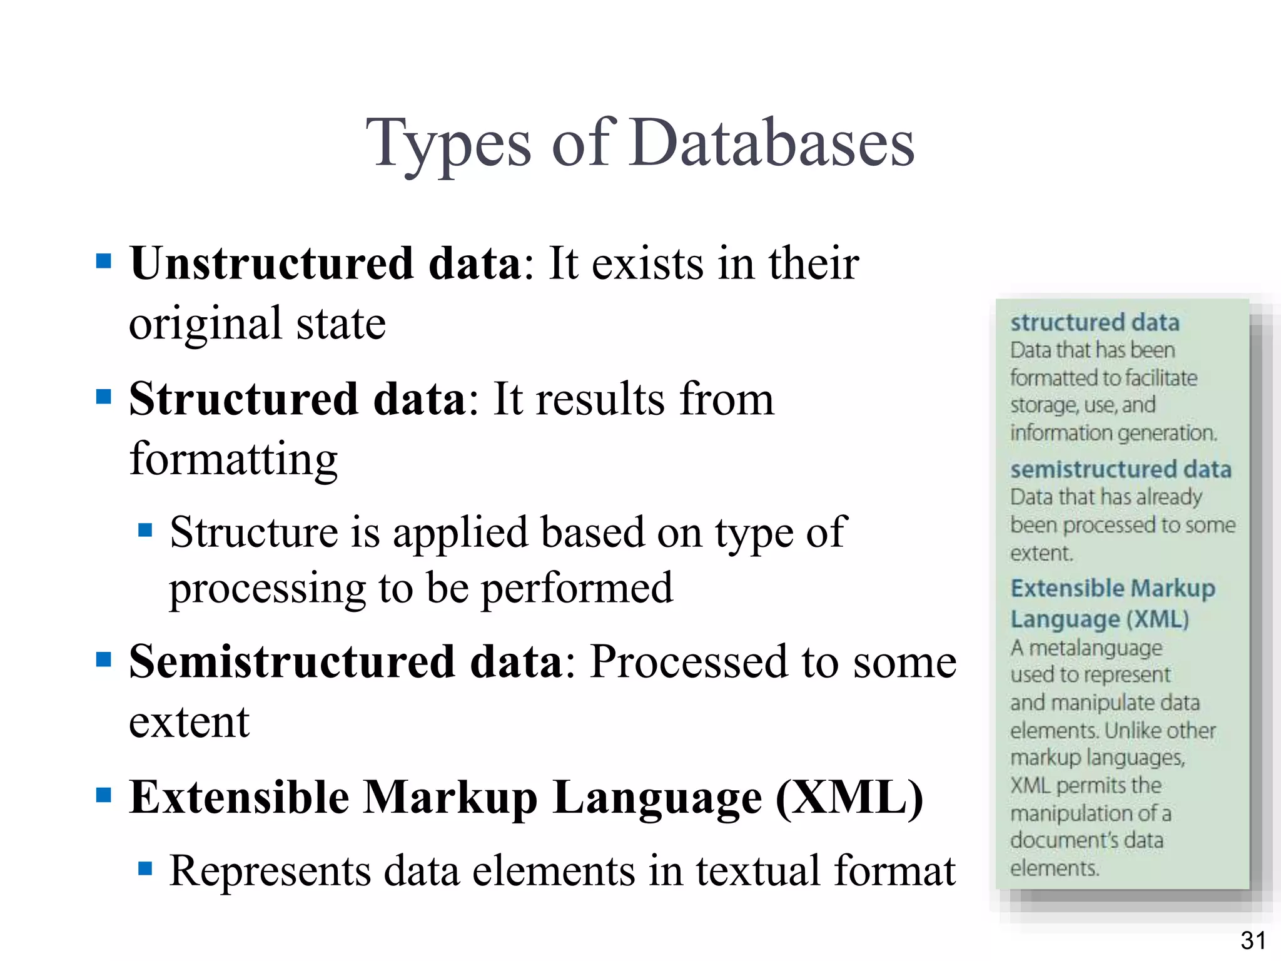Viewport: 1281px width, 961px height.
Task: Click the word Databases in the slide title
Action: pyautogui.click(x=772, y=144)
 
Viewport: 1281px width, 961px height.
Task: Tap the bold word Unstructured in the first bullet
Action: pyautogui.click(x=271, y=263)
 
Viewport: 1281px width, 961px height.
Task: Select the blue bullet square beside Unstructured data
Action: pyautogui.click(x=104, y=260)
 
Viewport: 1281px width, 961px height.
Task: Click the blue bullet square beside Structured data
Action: pyautogui.click(x=104, y=396)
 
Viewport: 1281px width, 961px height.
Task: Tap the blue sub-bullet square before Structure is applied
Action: pyautogui.click(x=145, y=531)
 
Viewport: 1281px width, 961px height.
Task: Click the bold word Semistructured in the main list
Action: pyautogui.click(x=291, y=661)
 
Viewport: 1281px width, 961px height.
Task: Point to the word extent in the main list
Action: pyautogui.click(x=189, y=722)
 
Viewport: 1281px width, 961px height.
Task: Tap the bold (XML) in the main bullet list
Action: pyautogui.click(x=849, y=798)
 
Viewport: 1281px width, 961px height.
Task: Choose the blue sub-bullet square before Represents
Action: pyautogui.click(x=145, y=868)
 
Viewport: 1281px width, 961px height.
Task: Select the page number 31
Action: pyautogui.click(x=1253, y=940)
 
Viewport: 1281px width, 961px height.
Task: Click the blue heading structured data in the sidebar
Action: pyautogui.click(x=1095, y=322)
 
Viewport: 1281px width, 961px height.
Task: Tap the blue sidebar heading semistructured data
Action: pyautogui.click(x=1120, y=469)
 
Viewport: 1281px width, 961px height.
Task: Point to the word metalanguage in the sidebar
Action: pyautogui.click(x=1095, y=648)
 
